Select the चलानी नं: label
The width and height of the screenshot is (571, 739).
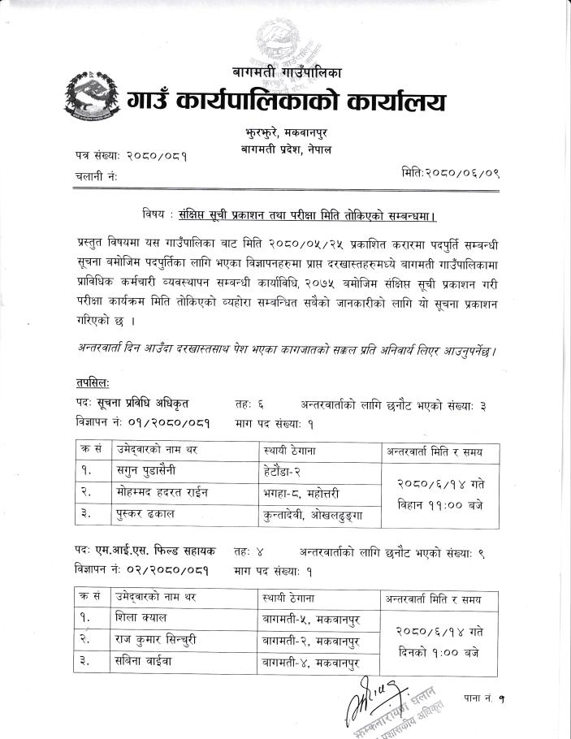[90, 175]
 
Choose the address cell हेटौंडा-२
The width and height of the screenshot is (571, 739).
[288, 469]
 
